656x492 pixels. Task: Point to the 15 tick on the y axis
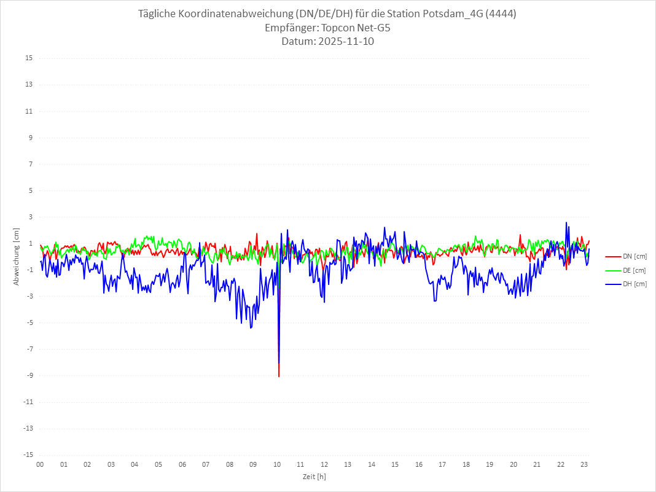(29, 58)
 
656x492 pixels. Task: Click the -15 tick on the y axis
(28, 455)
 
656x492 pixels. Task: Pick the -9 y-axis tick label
(29, 375)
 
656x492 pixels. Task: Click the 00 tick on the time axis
(40, 465)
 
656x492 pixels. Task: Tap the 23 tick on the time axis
(585, 465)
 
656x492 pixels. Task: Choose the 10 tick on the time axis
(277, 465)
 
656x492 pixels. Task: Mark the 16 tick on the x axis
(419, 465)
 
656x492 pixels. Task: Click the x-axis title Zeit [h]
(314, 477)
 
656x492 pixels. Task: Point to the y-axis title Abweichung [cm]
(17, 256)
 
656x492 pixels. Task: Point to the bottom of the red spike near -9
(279, 377)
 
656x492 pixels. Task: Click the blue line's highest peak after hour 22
(566, 222)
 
